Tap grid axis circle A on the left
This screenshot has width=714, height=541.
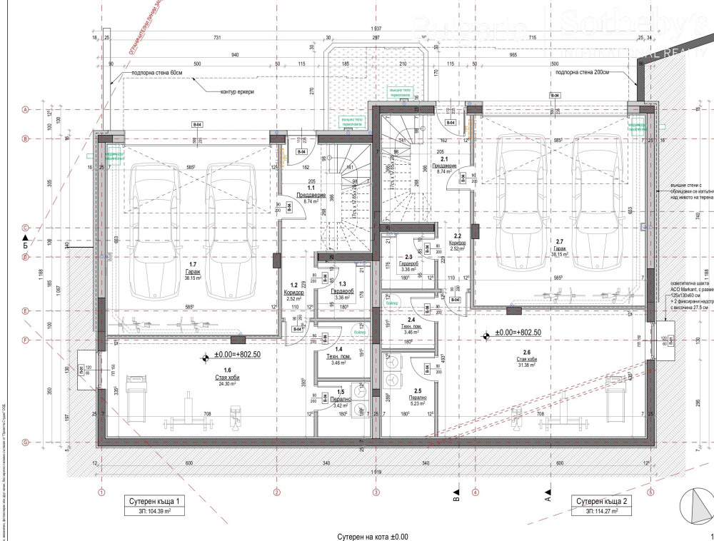(x=25, y=110)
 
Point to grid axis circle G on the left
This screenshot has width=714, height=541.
(x=25, y=443)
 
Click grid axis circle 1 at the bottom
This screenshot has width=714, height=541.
(x=101, y=492)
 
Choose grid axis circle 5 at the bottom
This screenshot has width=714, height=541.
(x=650, y=492)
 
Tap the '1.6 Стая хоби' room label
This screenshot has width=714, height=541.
(x=227, y=375)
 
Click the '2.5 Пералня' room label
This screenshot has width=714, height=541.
(x=418, y=398)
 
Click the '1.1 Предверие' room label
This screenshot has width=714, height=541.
(x=311, y=196)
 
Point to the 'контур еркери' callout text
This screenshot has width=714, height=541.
(x=237, y=92)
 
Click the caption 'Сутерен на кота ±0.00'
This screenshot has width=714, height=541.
(x=373, y=535)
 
